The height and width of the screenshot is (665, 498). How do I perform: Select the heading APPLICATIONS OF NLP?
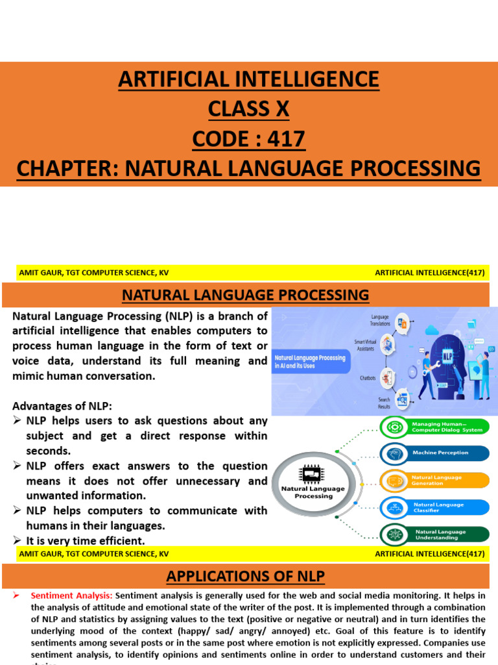245,575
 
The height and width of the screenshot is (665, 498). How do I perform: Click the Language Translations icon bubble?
402,323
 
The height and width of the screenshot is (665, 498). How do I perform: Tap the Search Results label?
385,403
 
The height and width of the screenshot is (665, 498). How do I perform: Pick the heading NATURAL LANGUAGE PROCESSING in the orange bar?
245,295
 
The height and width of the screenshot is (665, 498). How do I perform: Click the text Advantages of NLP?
62,406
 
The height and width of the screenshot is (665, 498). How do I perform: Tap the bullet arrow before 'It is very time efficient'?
18,540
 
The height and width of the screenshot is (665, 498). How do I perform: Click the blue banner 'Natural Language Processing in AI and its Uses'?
311,362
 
